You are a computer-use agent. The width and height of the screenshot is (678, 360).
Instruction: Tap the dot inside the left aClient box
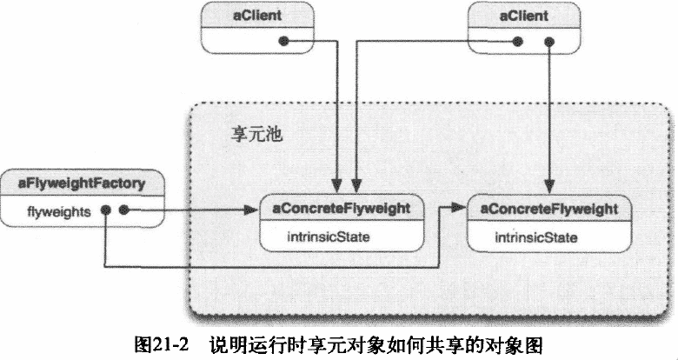[x=283, y=40]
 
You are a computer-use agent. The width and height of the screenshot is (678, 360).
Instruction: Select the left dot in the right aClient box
[x=517, y=40]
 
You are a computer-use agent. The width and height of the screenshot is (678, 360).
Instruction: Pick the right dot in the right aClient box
[x=548, y=40]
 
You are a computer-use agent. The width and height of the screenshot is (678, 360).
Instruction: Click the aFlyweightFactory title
[x=82, y=183]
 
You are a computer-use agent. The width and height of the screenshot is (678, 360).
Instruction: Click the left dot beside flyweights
[x=104, y=210]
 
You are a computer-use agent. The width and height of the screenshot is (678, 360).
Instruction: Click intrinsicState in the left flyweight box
[x=322, y=236]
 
